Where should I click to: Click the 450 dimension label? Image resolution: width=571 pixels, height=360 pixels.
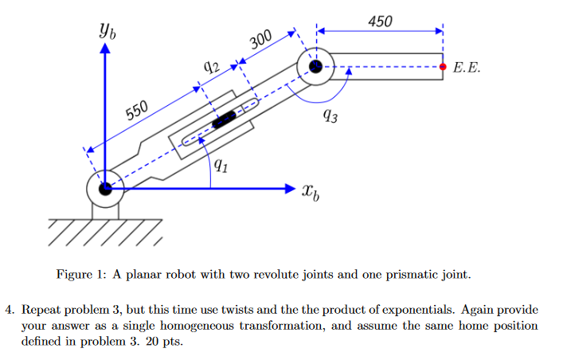point(381,21)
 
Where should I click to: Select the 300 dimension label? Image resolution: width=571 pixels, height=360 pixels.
point(260,43)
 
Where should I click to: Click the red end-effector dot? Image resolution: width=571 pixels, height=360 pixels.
point(444,68)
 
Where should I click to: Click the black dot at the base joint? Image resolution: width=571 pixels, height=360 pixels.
point(104,189)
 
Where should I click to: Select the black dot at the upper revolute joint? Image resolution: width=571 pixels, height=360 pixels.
point(316,68)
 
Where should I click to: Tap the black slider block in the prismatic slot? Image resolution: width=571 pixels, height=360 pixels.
point(225,120)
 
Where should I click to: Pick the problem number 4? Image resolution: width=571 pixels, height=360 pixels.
point(10,310)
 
